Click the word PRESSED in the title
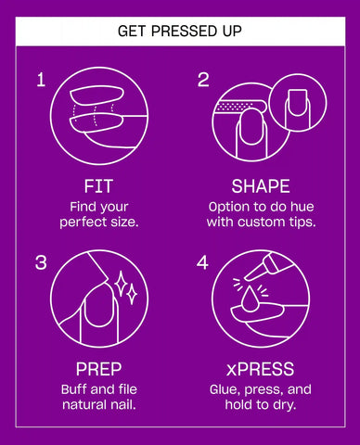(179, 32)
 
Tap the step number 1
(41, 80)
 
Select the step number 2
(203, 80)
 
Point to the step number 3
(41, 262)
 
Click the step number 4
(202, 262)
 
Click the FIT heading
(98, 186)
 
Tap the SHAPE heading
(261, 186)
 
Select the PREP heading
(98, 369)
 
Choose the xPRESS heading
(260, 369)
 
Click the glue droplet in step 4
(250, 298)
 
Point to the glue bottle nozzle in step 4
(255, 271)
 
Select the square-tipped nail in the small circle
(297, 103)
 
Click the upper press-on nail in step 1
(96, 96)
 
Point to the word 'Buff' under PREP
(74, 389)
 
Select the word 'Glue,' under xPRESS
(225, 389)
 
